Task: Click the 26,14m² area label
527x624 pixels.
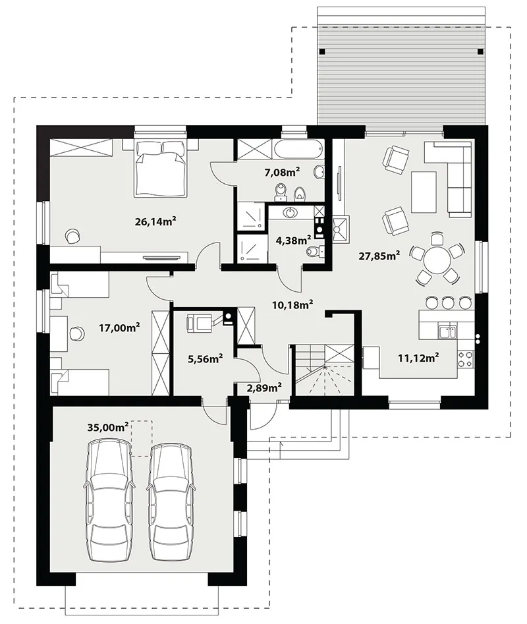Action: coord(155,221)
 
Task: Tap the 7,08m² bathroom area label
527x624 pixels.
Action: coord(282,173)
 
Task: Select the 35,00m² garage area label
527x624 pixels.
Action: coord(108,428)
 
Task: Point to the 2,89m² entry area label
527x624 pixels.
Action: coord(265,387)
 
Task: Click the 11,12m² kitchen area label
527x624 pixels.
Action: coord(418,358)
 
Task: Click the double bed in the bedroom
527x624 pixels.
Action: coord(161,168)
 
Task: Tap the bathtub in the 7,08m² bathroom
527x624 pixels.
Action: coord(298,150)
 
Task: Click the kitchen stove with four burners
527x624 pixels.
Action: coord(466,358)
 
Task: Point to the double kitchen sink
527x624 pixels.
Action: coord(448,332)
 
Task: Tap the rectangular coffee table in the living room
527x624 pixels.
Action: coord(424,192)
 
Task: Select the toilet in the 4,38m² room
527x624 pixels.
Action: coord(316,251)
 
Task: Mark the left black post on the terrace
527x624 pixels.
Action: coord(322,51)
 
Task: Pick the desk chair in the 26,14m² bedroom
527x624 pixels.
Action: coord(72,236)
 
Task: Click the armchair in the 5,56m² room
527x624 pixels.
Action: coord(198,322)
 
